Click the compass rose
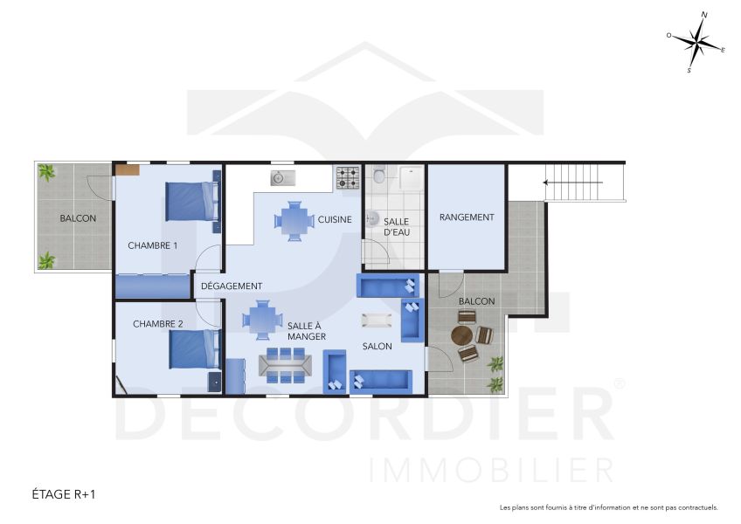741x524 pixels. click(x=696, y=42)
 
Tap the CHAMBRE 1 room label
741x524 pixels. click(x=153, y=245)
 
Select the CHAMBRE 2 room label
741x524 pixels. click(x=158, y=324)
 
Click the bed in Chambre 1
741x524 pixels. click(x=190, y=201)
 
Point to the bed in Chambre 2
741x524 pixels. click(x=193, y=349)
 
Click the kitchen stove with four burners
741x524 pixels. click(x=348, y=177)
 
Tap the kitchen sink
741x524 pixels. click(x=281, y=178)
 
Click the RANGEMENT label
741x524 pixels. click(x=467, y=217)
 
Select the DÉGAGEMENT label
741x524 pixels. click(x=232, y=286)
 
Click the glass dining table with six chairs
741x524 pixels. click(x=285, y=362)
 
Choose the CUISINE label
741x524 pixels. click(x=335, y=220)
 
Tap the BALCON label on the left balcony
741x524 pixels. click(x=78, y=218)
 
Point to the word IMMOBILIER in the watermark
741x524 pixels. click(x=492, y=470)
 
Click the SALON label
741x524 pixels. click(x=377, y=347)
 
